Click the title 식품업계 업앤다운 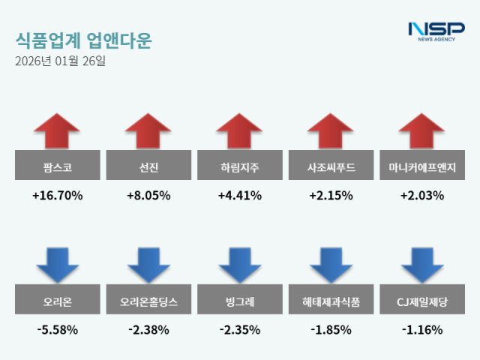pos(82,40)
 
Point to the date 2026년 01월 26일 pos(60,61)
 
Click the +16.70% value pos(58,196)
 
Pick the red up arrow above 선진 pos(148,131)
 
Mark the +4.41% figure pos(240,196)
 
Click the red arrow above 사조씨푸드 pos(331,131)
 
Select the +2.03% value pos(422,196)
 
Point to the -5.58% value pos(58,329)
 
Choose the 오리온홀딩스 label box pos(148,302)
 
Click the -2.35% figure pos(240,329)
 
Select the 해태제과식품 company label pos(331,302)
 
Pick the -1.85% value pos(331,329)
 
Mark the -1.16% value pos(422,329)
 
